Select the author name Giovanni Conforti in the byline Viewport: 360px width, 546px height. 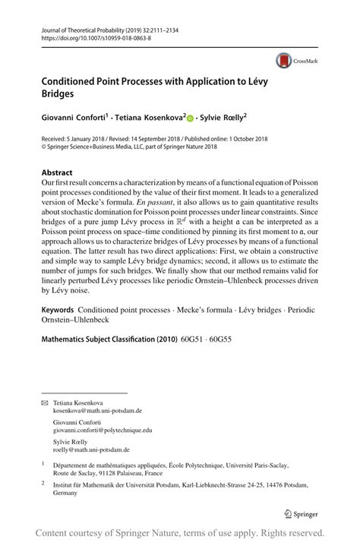[74, 118]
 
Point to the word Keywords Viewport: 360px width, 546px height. [58, 353]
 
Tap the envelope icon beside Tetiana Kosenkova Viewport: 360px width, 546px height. [45, 423]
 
